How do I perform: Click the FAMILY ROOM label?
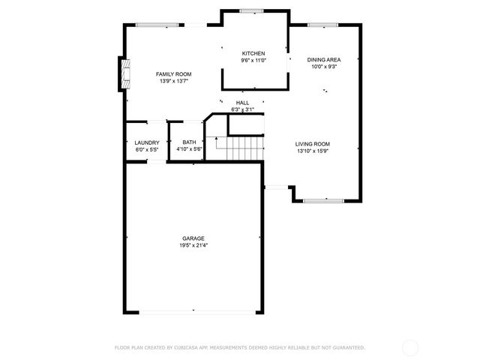(x=173, y=73)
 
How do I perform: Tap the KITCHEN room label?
(x=253, y=53)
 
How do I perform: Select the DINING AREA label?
(x=323, y=59)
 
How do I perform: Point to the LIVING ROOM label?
(x=312, y=144)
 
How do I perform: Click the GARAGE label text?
(x=193, y=238)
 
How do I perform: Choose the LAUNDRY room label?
(x=146, y=142)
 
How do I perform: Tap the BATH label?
(x=189, y=142)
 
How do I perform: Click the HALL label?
(x=242, y=103)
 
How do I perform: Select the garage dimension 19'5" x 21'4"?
(x=193, y=245)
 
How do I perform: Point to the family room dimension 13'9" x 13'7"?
(x=173, y=81)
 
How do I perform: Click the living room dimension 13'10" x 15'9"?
(x=312, y=151)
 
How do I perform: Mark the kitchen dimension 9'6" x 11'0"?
(x=253, y=60)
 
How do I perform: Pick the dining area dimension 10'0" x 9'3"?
(x=323, y=66)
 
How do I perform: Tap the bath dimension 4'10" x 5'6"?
(x=189, y=149)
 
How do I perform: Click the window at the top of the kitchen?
(x=251, y=10)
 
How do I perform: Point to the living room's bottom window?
(x=324, y=200)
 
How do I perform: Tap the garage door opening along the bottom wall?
(x=193, y=311)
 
